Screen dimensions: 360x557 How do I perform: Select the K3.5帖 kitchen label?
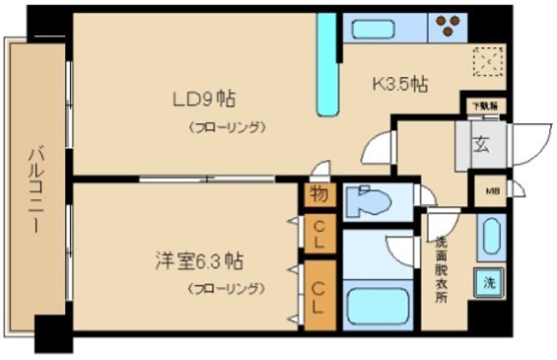pyautogui.click(x=398, y=84)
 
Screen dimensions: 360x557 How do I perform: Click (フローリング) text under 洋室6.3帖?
pyautogui.click(x=227, y=289)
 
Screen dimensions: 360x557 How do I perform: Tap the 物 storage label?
pyautogui.click(x=319, y=194)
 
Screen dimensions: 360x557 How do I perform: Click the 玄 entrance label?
pyautogui.click(x=479, y=145)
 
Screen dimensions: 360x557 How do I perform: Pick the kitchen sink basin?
pyautogui.click(x=378, y=28)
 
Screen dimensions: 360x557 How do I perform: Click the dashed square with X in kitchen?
pyautogui.click(x=486, y=64)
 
